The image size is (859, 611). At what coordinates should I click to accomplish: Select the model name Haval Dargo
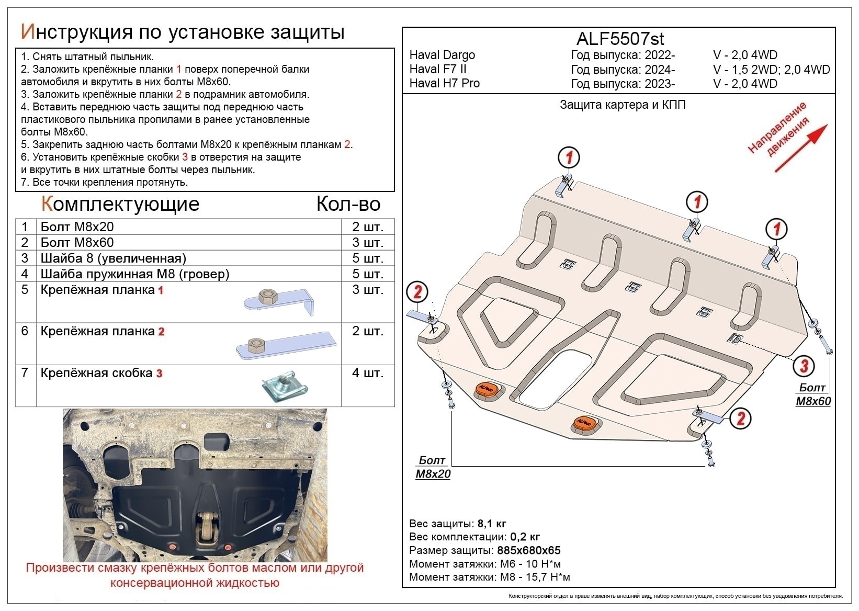[442, 55]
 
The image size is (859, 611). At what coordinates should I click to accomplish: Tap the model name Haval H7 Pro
[444, 83]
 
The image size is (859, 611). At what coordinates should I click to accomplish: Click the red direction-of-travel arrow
[801, 148]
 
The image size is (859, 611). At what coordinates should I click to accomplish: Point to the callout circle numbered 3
[804, 366]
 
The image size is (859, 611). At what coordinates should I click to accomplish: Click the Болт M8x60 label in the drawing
[813, 394]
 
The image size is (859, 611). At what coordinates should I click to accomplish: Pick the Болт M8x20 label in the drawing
[433, 467]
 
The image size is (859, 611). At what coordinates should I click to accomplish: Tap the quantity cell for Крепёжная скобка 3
[368, 373]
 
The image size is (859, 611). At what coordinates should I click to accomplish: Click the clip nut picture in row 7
[285, 387]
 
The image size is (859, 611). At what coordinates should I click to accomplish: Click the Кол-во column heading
[348, 204]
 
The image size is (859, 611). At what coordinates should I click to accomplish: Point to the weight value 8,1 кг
[491, 524]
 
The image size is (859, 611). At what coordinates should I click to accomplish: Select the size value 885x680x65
[528, 550]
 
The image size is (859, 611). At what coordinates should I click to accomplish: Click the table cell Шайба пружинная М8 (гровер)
[135, 274]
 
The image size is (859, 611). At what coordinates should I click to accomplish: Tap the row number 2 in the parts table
[25, 242]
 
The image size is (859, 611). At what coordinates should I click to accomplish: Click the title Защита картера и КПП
[622, 105]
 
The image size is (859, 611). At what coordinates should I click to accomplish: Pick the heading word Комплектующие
[120, 204]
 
